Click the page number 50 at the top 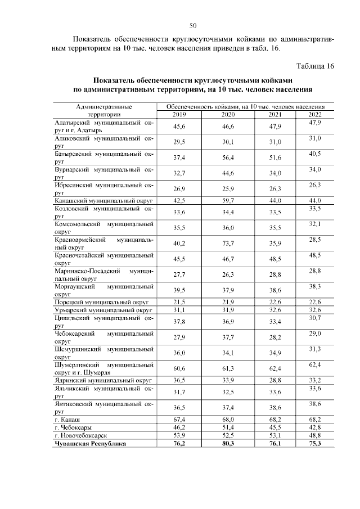(x=193, y=25)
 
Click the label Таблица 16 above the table (x=315, y=66)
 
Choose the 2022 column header (x=314, y=114)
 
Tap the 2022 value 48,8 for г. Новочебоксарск (x=314, y=435)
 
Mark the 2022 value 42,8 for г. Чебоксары (x=314, y=427)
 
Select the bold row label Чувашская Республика (x=89, y=443)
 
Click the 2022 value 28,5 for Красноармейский (x=314, y=240)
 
